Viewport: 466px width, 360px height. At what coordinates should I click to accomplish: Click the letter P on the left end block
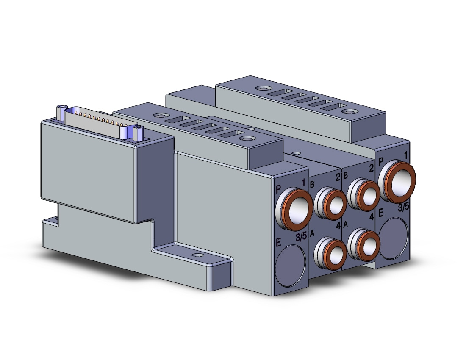pyautogui.click(x=278, y=188)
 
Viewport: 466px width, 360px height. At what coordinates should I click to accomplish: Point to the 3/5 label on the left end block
pyautogui.click(x=301, y=237)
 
